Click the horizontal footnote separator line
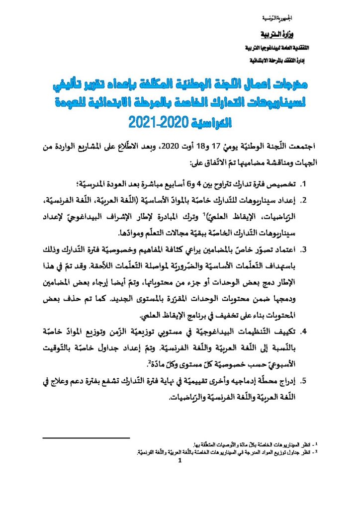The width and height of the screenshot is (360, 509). [87, 437]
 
